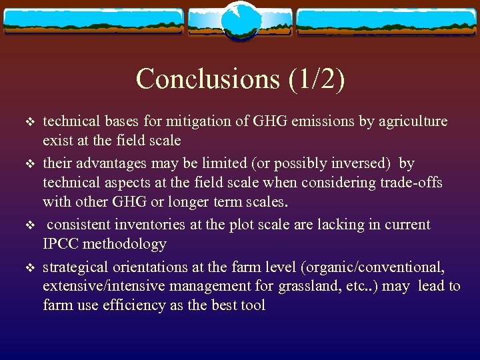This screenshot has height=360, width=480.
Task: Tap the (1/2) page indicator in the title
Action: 317,79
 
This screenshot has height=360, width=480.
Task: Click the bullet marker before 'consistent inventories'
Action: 29,225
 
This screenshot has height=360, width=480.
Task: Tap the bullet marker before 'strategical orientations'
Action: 29,267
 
